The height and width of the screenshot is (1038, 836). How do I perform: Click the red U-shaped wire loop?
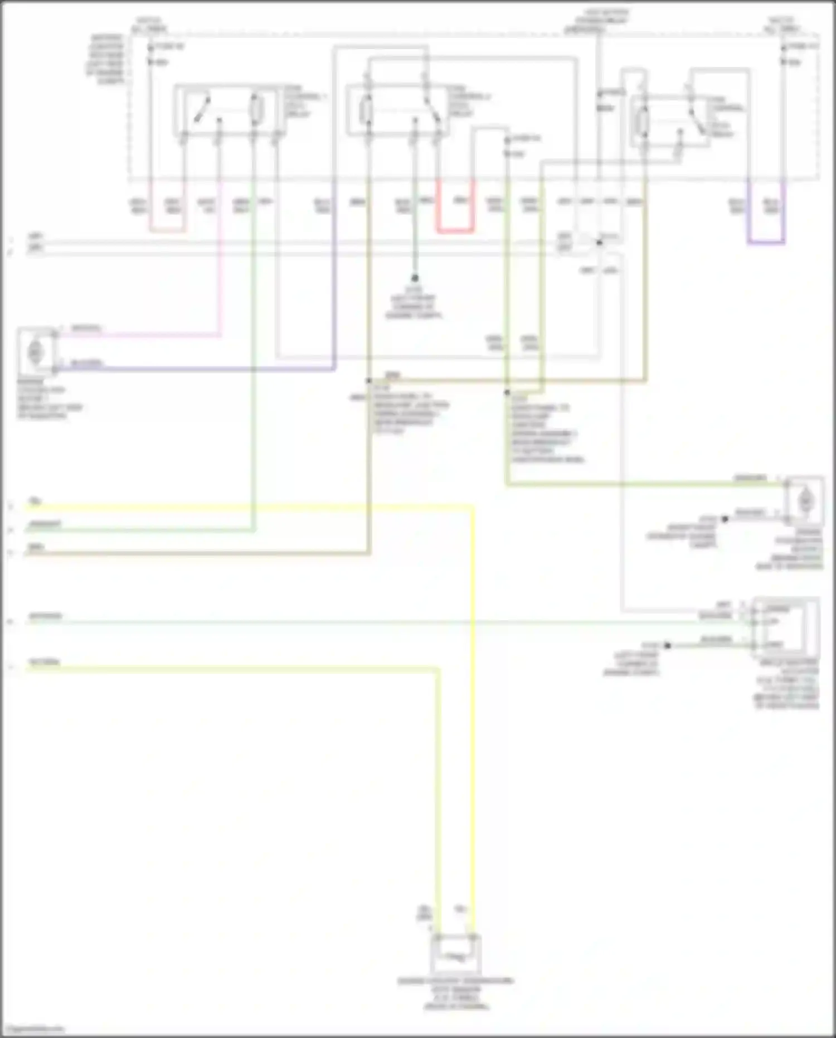455,229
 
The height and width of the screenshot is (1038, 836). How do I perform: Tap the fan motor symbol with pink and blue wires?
36,352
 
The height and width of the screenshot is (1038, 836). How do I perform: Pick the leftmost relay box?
229,110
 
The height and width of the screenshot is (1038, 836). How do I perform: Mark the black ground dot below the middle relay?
415,278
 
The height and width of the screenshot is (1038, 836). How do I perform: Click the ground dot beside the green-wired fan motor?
725,519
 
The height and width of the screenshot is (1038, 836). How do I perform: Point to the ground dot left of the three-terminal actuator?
667,645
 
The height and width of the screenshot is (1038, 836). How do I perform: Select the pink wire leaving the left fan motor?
139,335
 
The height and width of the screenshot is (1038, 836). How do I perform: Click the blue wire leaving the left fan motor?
195,369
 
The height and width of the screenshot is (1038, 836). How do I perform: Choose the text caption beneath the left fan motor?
49,403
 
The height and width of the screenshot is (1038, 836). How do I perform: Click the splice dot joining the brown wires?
368,382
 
